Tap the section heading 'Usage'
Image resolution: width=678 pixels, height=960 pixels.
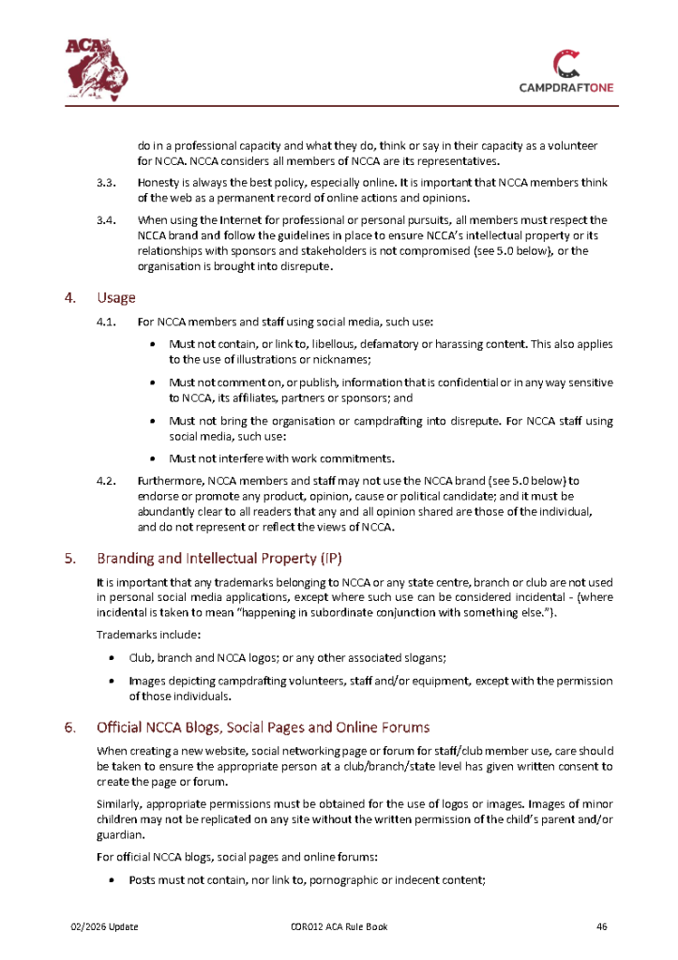pyautogui.click(x=116, y=298)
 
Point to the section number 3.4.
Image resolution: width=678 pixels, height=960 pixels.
pyautogui.click(x=105, y=220)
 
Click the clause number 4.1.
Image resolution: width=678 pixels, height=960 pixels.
pyautogui.click(x=105, y=322)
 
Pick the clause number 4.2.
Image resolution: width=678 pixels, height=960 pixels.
pyautogui.click(x=105, y=480)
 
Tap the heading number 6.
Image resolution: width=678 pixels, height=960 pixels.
pyautogui.click(x=69, y=727)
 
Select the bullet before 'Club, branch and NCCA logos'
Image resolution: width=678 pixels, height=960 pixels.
pyautogui.click(x=113, y=658)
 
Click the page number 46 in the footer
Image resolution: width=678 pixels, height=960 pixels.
pyautogui.click(x=602, y=927)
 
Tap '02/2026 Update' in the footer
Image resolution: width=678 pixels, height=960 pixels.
pyautogui.click(x=105, y=927)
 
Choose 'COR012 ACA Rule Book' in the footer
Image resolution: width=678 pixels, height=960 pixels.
pyautogui.click(x=339, y=927)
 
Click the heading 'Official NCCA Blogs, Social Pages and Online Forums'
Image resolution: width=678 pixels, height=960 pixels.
pyautogui.click(x=264, y=727)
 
